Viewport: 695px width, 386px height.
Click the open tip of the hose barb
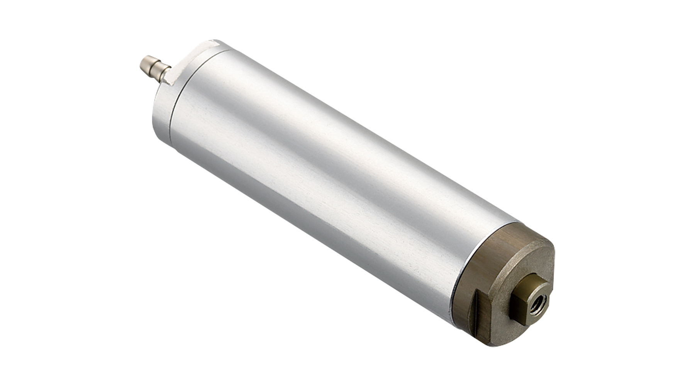(142, 62)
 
